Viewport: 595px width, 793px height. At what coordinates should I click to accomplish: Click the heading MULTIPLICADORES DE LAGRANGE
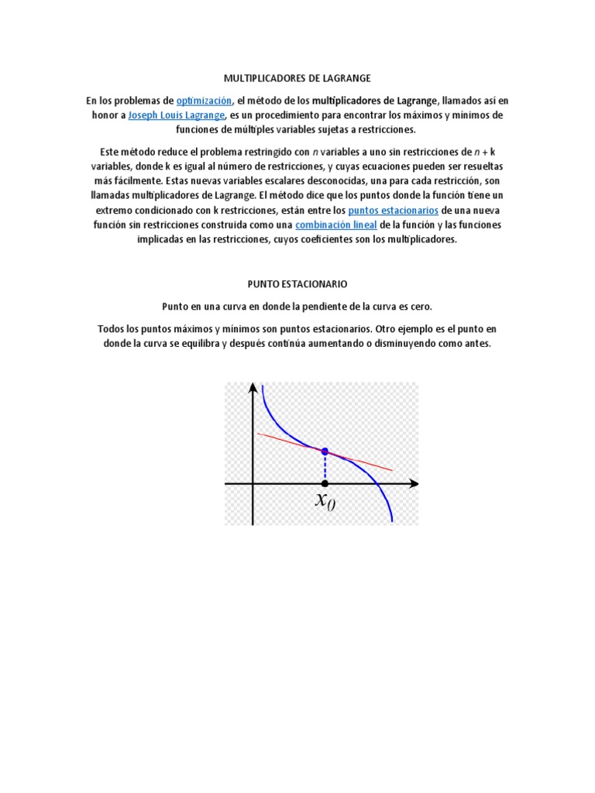click(x=297, y=78)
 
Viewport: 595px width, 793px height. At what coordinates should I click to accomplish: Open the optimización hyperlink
click(x=204, y=101)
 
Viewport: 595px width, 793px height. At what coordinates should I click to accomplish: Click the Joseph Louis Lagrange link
click(x=173, y=115)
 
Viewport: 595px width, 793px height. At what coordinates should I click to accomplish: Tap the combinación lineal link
click(x=337, y=225)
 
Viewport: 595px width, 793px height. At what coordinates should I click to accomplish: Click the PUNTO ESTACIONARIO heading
click(x=297, y=284)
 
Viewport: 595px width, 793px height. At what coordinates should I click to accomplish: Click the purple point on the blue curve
click(x=325, y=451)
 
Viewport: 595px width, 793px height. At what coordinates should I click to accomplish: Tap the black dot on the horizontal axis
click(x=325, y=484)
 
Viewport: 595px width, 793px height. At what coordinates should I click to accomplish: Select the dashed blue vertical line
click(x=325, y=468)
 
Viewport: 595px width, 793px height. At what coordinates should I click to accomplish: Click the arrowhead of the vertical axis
click(x=253, y=389)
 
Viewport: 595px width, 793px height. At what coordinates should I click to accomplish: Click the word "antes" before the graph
click(x=476, y=343)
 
